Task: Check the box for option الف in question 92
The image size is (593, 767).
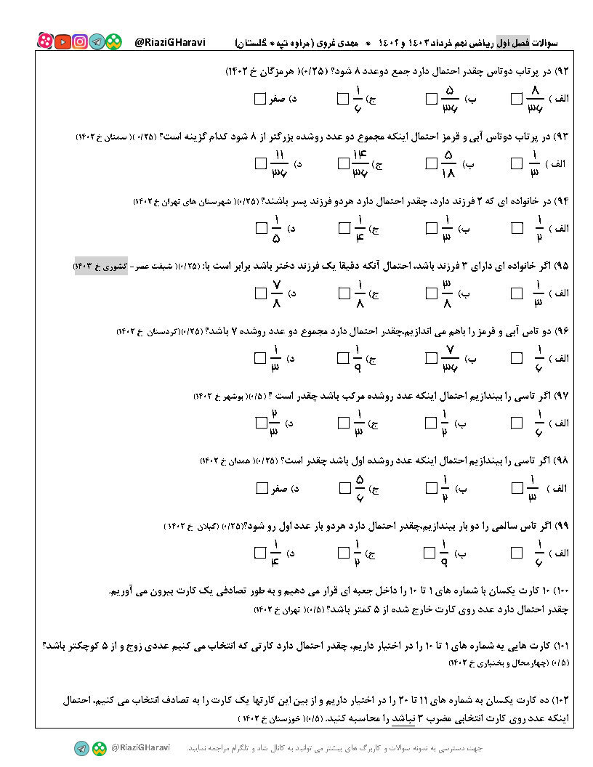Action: click(517, 99)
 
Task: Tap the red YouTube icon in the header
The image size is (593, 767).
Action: click(62, 42)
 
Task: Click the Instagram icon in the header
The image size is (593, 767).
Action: click(80, 42)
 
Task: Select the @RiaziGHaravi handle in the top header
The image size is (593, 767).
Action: click(171, 42)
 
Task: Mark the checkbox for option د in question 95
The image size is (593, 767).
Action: click(261, 293)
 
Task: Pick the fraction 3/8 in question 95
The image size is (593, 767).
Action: click(448, 293)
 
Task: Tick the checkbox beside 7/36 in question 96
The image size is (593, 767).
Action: click(432, 358)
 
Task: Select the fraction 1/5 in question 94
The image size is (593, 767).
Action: click(275, 228)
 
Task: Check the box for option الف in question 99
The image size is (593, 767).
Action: click(517, 553)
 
